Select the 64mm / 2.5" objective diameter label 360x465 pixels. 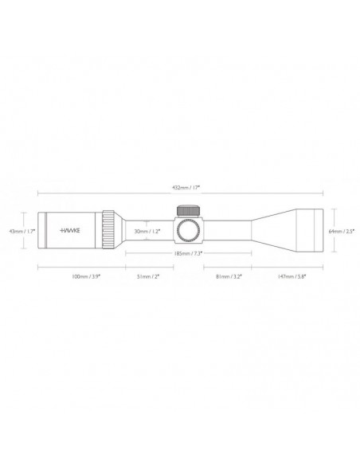pyautogui.click(x=340, y=231)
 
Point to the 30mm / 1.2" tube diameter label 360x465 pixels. pyautogui.click(x=149, y=231)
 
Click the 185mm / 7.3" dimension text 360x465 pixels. pyautogui.click(x=188, y=253)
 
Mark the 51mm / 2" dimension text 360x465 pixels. pyautogui.click(x=149, y=275)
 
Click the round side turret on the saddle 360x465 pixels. pyautogui.click(x=187, y=231)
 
